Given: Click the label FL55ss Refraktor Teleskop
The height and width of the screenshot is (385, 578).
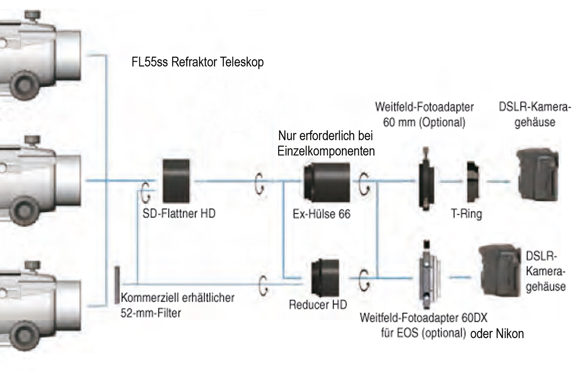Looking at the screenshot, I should click(198, 62).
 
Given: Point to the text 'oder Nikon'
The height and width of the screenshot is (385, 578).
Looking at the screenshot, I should click(497, 334).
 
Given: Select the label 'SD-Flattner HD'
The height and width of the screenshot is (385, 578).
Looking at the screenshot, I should click(179, 213).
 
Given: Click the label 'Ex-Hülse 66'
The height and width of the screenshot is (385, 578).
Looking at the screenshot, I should click(321, 214).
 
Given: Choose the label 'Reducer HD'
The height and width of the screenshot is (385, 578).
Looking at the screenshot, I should click(318, 305).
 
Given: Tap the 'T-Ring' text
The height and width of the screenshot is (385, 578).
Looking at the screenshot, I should click(466, 214).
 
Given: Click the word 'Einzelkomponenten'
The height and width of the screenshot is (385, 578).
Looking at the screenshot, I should click(326, 151).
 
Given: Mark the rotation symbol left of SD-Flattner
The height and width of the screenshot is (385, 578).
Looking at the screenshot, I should click(146, 191).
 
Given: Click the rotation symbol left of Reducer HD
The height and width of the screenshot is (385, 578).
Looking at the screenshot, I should click(263, 285).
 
